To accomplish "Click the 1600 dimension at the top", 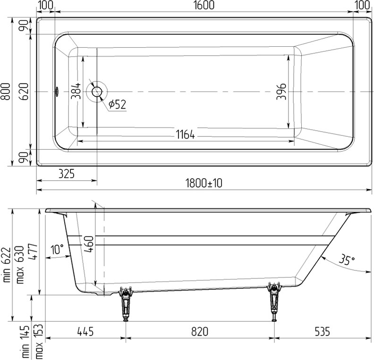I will (x=204, y=6).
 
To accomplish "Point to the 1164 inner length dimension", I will (x=186, y=134).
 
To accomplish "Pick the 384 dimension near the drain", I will (x=76, y=90).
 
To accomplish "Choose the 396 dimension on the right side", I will (x=281, y=91).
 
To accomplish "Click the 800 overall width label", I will (x=6, y=91).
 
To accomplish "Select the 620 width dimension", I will (x=25, y=91).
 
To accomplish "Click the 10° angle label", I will (x=58, y=250).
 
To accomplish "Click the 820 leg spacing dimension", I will (x=199, y=332).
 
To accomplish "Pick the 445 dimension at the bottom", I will (x=85, y=332).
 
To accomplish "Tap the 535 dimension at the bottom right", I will (x=319, y=332).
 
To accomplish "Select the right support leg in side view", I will (x=273, y=302).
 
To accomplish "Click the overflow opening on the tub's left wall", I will (x=57, y=91).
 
